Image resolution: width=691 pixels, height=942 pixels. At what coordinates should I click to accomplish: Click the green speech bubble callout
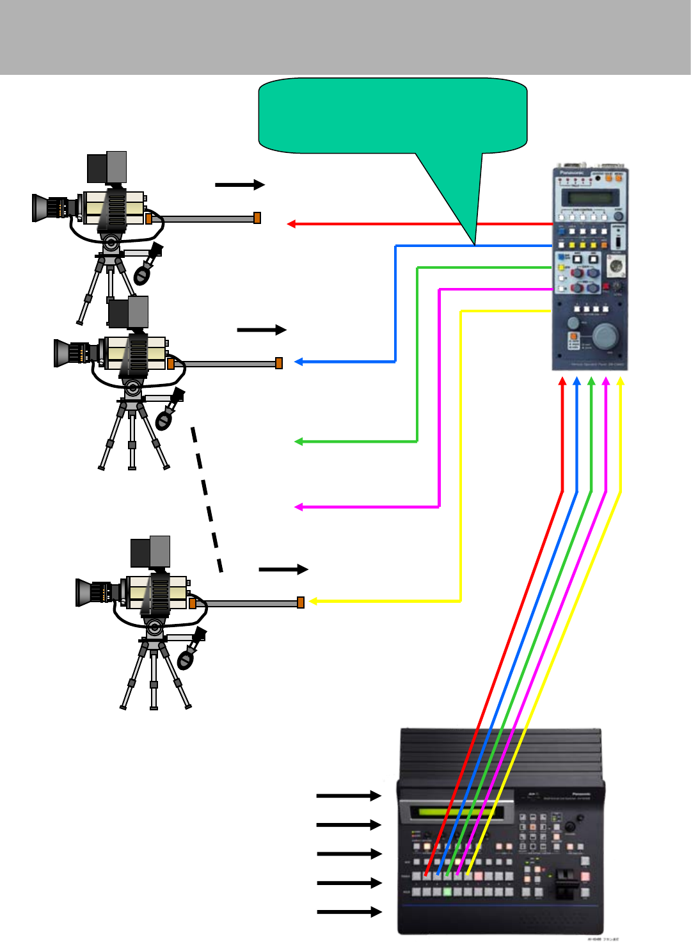[x=392, y=116]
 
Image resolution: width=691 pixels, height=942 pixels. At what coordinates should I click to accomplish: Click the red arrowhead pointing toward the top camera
[x=291, y=224]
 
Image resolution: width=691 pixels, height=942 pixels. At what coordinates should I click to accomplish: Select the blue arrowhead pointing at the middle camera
[x=298, y=362]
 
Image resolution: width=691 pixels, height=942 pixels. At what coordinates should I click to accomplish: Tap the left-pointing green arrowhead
[x=298, y=442]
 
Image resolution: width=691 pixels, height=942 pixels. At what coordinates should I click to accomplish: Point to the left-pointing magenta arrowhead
[x=298, y=507]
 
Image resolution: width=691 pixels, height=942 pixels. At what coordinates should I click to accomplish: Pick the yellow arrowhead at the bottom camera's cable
[x=313, y=602]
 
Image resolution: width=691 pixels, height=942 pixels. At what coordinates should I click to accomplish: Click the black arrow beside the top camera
[x=240, y=185]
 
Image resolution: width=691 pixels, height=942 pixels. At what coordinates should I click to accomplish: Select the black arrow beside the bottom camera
[x=283, y=569]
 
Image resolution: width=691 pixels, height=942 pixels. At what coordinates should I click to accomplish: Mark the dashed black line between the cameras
[x=207, y=499]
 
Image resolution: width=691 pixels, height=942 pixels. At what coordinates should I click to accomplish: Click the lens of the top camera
[x=46, y=208]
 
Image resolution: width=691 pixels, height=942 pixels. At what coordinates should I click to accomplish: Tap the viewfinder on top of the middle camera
[x=128, y=312]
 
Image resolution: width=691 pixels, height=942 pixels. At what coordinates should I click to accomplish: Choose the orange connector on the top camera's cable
[x=257, y=218]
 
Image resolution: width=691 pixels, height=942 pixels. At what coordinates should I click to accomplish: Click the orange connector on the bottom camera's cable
[x=301, y=602]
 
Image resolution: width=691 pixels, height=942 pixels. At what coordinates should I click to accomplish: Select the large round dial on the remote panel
[x=605, y=335]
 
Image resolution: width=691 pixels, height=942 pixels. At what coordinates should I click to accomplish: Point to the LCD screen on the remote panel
[x=589, y=198]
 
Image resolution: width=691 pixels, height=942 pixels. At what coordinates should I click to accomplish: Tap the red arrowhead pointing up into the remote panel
[x=562, y=381]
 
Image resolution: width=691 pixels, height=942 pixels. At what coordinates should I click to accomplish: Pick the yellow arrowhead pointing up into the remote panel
[x=620, y=381]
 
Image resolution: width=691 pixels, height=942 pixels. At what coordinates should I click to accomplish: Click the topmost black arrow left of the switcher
[x=349, y=795]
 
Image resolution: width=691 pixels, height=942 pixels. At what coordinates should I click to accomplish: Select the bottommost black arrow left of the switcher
[x=349, y=912]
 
